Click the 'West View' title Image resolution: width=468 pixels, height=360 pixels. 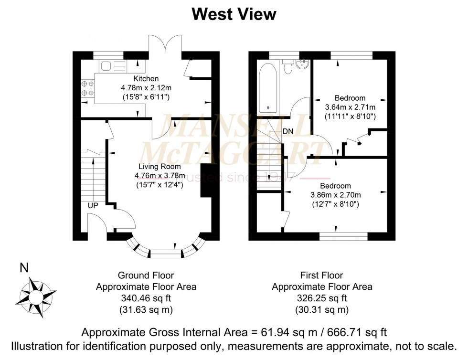(x=234, y=14)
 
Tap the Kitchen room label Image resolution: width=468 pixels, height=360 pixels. (x=146, y=78)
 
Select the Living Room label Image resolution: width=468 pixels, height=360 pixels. (x=160, y=166)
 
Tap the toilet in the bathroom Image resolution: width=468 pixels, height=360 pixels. (x=287, y=66)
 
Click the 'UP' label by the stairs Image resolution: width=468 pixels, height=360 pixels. (x=93, y=206)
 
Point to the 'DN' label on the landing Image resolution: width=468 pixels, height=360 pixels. (x=287, y=131)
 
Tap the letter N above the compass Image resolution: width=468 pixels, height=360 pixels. (x=24, y=268)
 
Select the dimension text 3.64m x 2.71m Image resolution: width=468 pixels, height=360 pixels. (x=350, y=107)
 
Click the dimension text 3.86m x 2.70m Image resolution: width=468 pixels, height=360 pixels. (x=335, y=195)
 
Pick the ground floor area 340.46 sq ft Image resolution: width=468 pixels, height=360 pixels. (x=146, y=298)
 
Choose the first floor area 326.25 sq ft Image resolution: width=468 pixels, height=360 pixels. (x=322, y=298)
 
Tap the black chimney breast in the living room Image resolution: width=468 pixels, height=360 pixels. (x=206, y=180)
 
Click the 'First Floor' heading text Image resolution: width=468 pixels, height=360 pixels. (x=322, y=275)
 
